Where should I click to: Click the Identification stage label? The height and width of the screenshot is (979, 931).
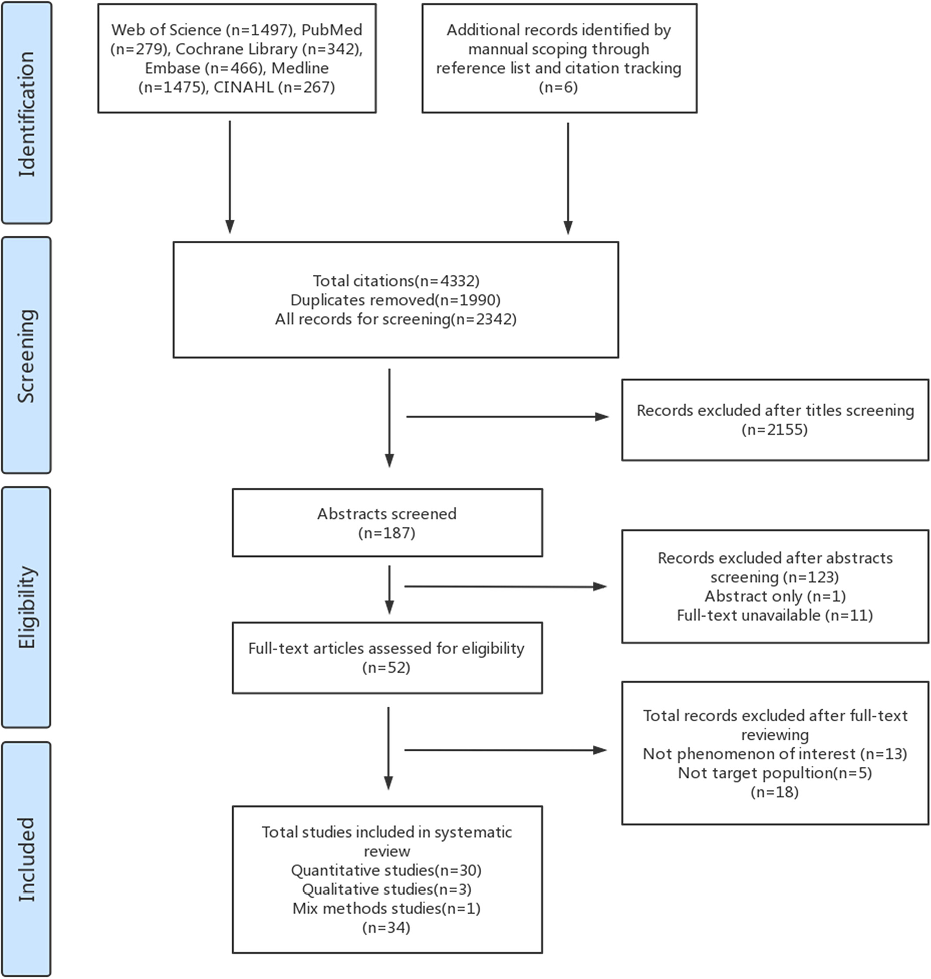point(27,114)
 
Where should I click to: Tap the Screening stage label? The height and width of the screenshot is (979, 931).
point(26,355)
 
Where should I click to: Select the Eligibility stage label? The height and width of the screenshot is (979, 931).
point(26,607)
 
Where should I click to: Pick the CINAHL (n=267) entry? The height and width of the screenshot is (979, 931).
point(274,87)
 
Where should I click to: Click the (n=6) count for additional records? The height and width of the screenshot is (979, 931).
point(558,87)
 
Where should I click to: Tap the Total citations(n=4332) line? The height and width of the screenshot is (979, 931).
point(396,281)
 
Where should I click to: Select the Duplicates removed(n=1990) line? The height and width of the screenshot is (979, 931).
point(395,299)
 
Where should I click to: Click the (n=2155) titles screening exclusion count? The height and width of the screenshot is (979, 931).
point(775,429)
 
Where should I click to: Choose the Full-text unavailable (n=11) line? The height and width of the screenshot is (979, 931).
point(775,614)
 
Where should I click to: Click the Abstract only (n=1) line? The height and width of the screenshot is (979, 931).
point(775,595)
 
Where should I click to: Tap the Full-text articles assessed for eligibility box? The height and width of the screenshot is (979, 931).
point(387,657)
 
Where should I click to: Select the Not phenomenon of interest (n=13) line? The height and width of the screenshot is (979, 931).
point(775,753)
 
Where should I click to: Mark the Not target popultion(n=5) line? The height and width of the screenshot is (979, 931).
point(775,772)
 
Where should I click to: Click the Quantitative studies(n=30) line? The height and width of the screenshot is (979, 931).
point(387,870)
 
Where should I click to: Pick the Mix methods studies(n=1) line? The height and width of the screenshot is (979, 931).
point(387,908)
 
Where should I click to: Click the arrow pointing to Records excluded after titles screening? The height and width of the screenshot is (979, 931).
point(507,417)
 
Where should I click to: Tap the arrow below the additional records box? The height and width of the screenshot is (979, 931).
point(568,178)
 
